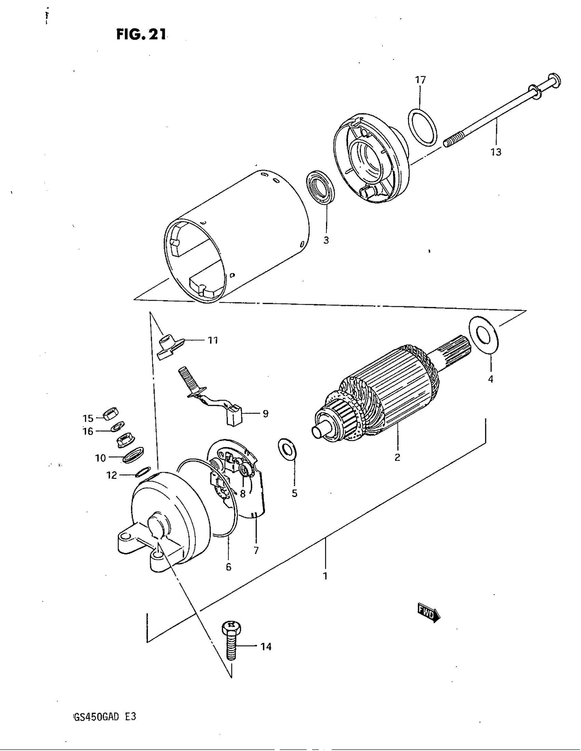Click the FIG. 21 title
pos(141,34)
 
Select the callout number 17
pos(420,80)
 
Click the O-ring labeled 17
pos(423,127)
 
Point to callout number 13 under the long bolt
pos(496,152)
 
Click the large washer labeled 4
pos(484,335)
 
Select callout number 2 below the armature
pos(397,457)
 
